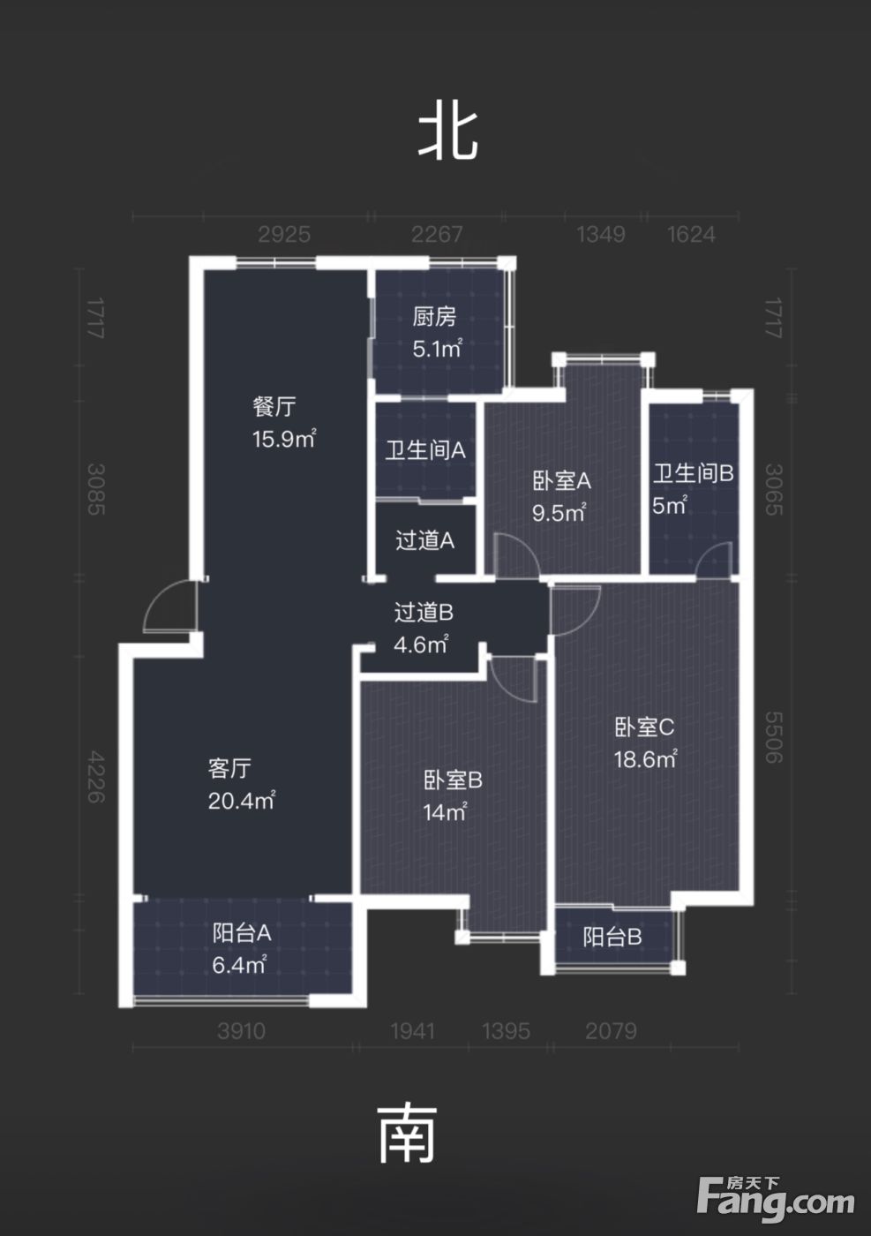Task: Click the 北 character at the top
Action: click(447, 136)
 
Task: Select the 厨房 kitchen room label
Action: click(435, 317)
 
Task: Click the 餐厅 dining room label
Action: click(274, 407)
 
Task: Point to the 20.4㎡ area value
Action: click(241, 801)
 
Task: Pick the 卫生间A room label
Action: click(425, 451)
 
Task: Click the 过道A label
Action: click(425, 540)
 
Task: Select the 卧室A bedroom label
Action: click(561, 481)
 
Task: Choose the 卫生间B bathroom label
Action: click(694, 473)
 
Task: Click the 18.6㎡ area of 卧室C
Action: click(645, 760)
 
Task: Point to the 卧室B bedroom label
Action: click(453, 780)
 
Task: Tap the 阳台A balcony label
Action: click(242, 933)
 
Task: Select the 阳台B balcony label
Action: click(612, 937)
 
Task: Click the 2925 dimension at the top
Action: click(284, 235)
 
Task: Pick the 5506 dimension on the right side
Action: click(773, 737)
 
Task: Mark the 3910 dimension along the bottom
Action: click(242, 1031)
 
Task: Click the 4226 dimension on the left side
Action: click(95, 776)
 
